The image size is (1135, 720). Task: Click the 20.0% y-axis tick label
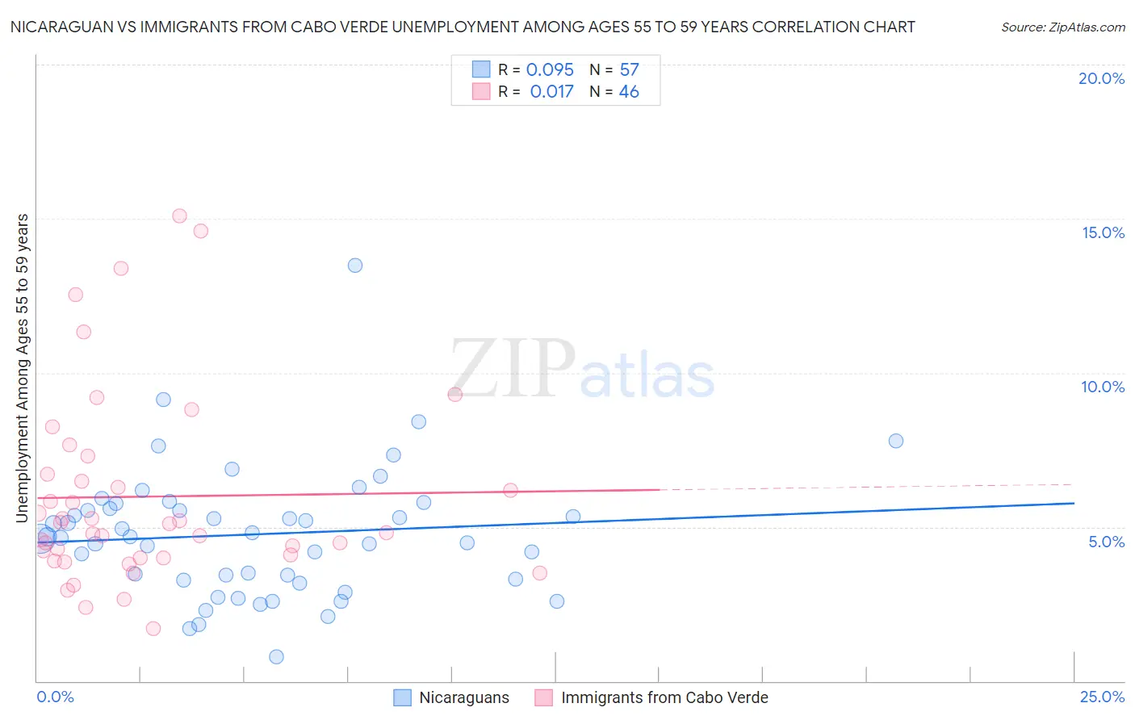coord(1101,78)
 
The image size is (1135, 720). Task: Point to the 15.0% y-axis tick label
coord(1103,232)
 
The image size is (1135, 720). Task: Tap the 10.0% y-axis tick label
coord(1103,387)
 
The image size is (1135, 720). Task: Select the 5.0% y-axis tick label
coord(1106,542)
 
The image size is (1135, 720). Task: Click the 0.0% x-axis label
coord(55,697)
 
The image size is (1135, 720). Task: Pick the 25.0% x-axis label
coord(1102,697)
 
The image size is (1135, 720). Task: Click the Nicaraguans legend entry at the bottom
coord(463,697)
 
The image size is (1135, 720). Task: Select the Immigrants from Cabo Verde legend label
coord(664,697)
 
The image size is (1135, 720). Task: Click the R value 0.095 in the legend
coord(550,69)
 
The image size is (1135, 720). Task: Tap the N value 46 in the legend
coord(629,92)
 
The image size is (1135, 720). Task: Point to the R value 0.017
coord(551,92)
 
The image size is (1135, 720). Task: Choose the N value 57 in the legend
coord(629,69)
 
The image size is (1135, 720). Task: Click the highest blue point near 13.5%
coord(355,266)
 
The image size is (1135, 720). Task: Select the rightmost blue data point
coord(896,441)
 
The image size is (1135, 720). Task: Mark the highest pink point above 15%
coord(179,216)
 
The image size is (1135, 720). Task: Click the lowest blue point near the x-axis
coord(276,657)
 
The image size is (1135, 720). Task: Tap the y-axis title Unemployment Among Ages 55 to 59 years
coord(23,367)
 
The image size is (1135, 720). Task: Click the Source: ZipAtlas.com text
coord(1062,27)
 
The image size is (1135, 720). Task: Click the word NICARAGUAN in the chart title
coord(57,27)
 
